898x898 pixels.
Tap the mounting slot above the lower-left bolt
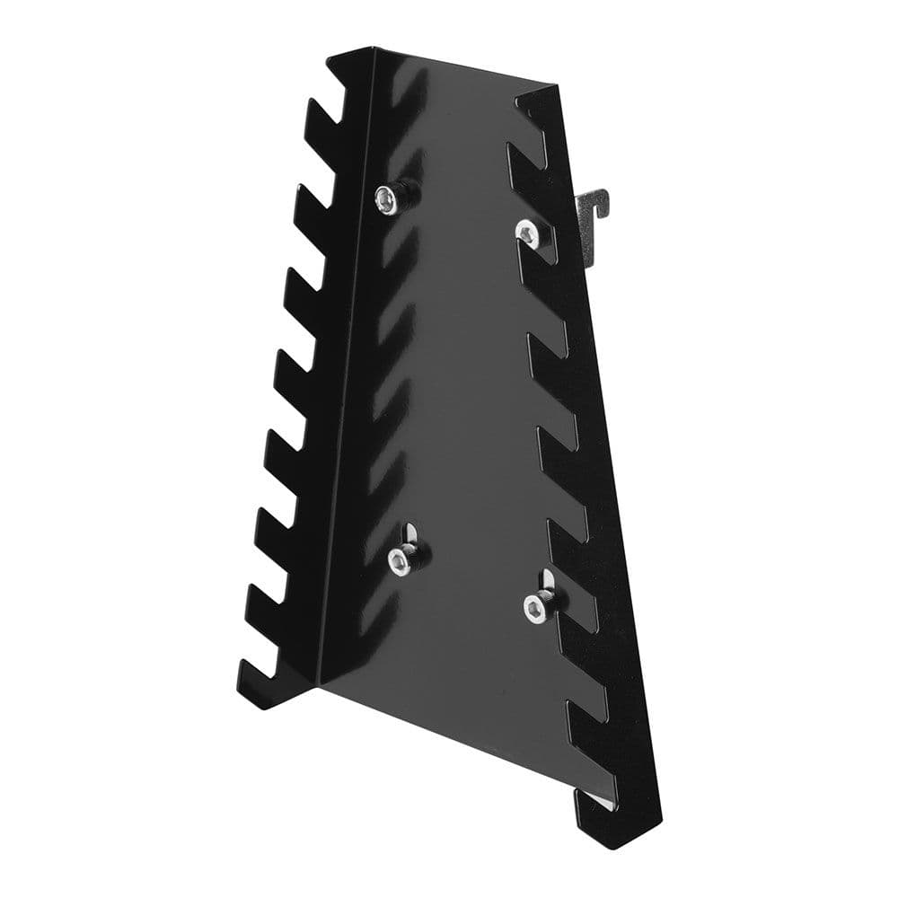(409, 534)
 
